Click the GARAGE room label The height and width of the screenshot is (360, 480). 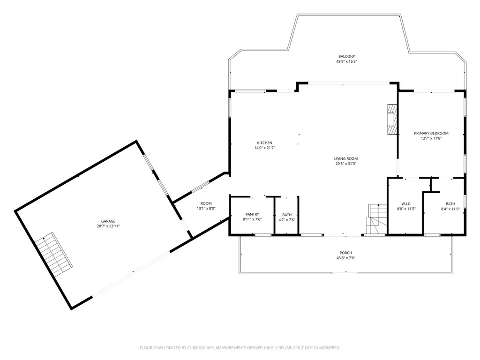(108, 221)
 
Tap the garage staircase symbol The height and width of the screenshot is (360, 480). (53, 254)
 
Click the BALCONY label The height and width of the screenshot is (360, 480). (346, 56)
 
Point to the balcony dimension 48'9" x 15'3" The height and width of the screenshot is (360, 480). (346, 61)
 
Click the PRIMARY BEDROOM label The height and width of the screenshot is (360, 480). (431, 133)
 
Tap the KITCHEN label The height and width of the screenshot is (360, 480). (264, 142)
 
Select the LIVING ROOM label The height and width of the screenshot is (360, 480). (345, 158)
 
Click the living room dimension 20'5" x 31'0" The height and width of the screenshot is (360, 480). (345, 164)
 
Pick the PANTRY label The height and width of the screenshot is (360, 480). (252, 214)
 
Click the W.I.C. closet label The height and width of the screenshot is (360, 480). (406, 204)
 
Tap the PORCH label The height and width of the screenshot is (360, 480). (345, 253)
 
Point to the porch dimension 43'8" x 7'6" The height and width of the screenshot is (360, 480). (345, 258)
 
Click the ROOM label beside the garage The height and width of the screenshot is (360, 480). (206, 203)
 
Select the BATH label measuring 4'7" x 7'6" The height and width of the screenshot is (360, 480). (287, 215)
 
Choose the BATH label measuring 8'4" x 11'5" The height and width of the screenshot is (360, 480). (450, 204)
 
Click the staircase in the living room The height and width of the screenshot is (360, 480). (377, 219)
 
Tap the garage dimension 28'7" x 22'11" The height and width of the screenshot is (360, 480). (108, 226)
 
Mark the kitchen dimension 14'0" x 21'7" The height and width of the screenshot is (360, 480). (264, 148)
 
